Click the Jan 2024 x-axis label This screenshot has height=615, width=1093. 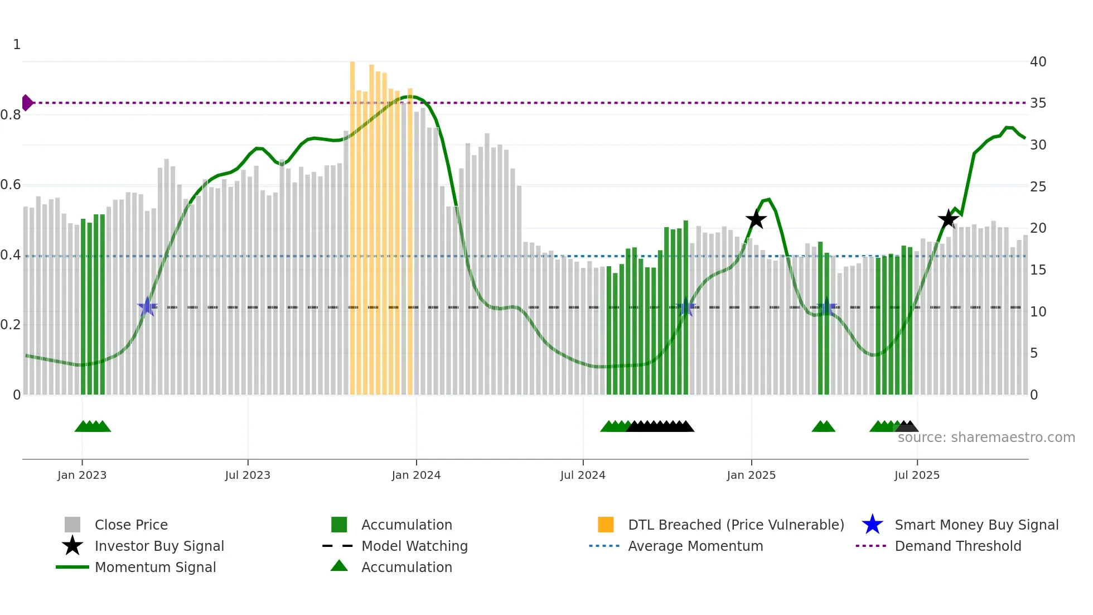416,475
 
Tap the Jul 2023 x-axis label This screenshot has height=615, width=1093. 248,475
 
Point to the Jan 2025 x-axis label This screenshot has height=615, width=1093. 751,475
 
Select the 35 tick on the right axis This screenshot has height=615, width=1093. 1038,103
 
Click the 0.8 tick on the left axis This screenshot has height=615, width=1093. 11,115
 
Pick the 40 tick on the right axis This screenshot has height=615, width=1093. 1038,62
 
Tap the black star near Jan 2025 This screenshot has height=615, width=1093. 756,219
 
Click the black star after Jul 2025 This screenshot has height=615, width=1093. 948,219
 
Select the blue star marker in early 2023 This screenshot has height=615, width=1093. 147,306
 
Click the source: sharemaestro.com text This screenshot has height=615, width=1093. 986,438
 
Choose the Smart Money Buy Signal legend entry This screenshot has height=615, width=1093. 976,525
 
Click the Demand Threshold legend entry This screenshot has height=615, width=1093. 957,546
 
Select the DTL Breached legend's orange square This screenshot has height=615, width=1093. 606,525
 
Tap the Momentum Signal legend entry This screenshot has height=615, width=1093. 155,567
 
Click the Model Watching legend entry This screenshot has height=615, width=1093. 414,546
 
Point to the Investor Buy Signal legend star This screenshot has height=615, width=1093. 72,546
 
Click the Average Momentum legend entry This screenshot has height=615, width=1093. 695,546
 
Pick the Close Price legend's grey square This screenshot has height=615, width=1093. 72,525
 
